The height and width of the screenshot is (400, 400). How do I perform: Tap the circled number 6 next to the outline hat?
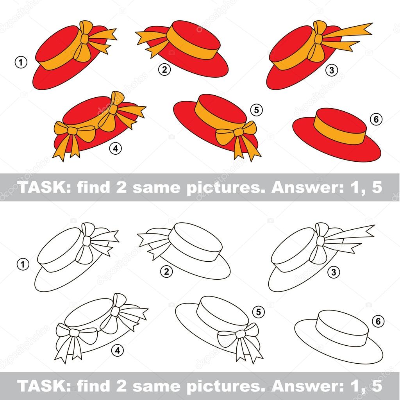[x=377, y=321]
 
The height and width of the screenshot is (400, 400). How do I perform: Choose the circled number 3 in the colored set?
[x=331, y=70]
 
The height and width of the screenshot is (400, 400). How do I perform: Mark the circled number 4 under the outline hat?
[x=116, y=350]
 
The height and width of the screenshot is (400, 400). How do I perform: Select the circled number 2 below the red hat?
[x=164, y=70]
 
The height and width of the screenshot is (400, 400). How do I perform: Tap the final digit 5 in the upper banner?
[x=377, y=187]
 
